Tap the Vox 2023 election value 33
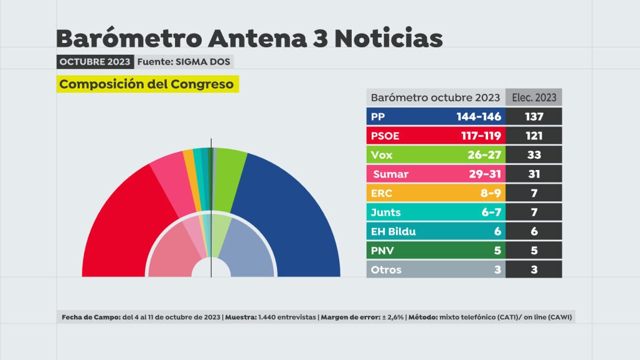click(x=534, y=155)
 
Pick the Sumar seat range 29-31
click(x=485, y=174)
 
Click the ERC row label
click(x=382, y=193)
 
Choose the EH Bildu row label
click(x=393, y=232)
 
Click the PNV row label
click(x=382, y=251)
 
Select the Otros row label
click(x=386, y=270)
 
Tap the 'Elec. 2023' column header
click(x=534, y=98)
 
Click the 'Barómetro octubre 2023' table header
click(x=435, y=98)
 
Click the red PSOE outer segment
click(x=125, y=224)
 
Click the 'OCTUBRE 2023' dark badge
click(x=94, y=62)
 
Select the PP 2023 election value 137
click(x=534, y=116)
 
